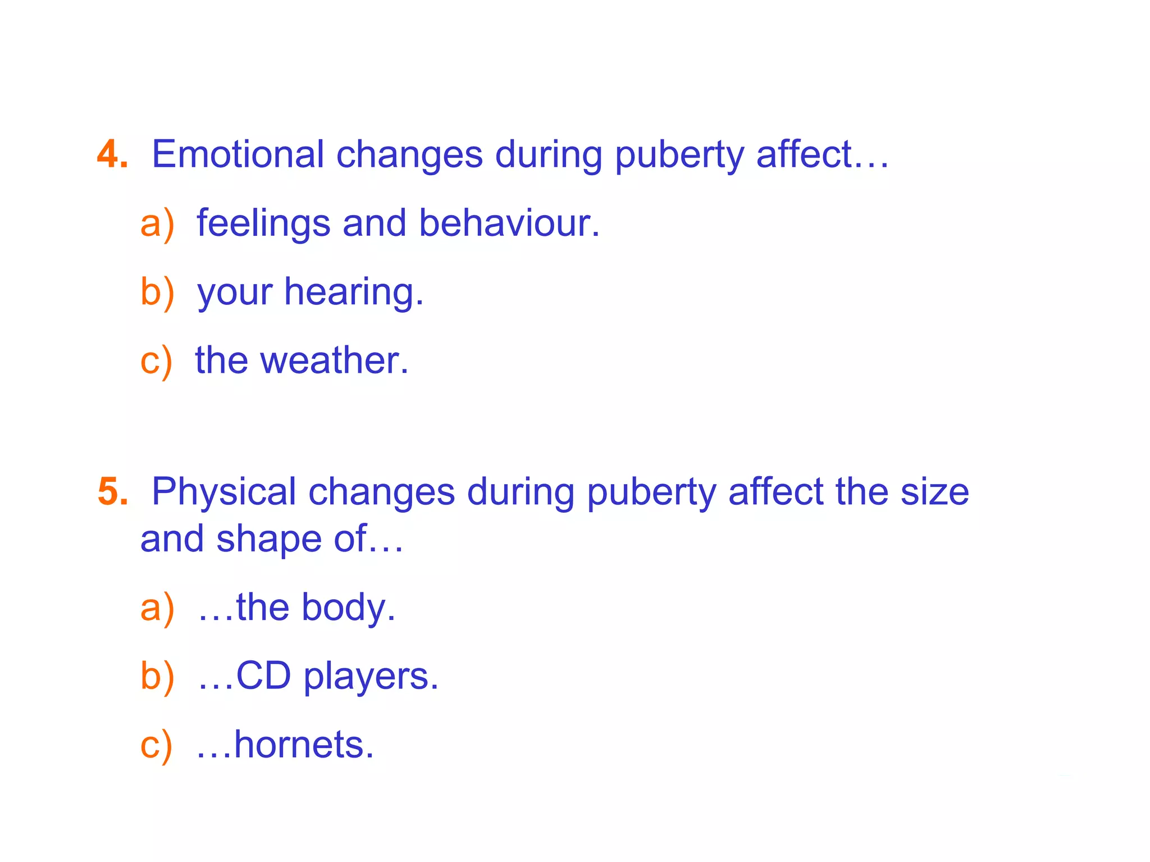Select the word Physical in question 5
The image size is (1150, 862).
click(223, 492)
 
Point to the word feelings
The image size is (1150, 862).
click(263, 224)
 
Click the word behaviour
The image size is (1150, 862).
click(509, 224)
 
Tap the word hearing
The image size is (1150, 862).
click(353, 293)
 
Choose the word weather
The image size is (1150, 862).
click(334, 361)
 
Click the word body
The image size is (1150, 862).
click(348, 608)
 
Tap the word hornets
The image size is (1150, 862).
click(303, 745)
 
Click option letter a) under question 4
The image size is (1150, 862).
click(157, 224)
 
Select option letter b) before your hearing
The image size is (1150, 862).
click(157, 293)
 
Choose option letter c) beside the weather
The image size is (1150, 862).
click(156, 361)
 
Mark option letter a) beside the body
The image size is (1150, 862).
click(157, 608)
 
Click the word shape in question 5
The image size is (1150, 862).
click(269, 540)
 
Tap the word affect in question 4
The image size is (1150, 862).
click(804, 154)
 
